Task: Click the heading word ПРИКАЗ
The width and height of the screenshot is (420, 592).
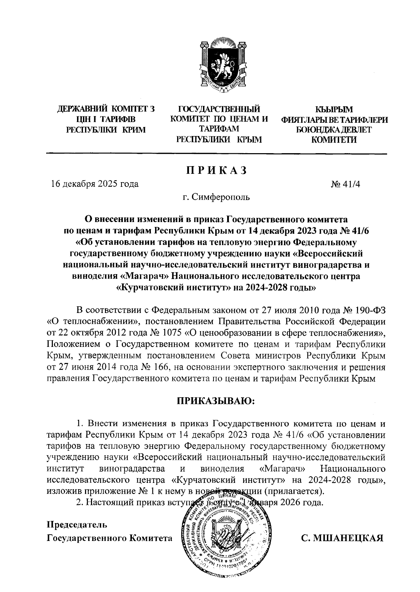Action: click(216, 170)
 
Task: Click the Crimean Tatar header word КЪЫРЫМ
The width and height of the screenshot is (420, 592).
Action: click(334, 109)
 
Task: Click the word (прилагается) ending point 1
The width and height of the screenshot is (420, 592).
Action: click(293, 491)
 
